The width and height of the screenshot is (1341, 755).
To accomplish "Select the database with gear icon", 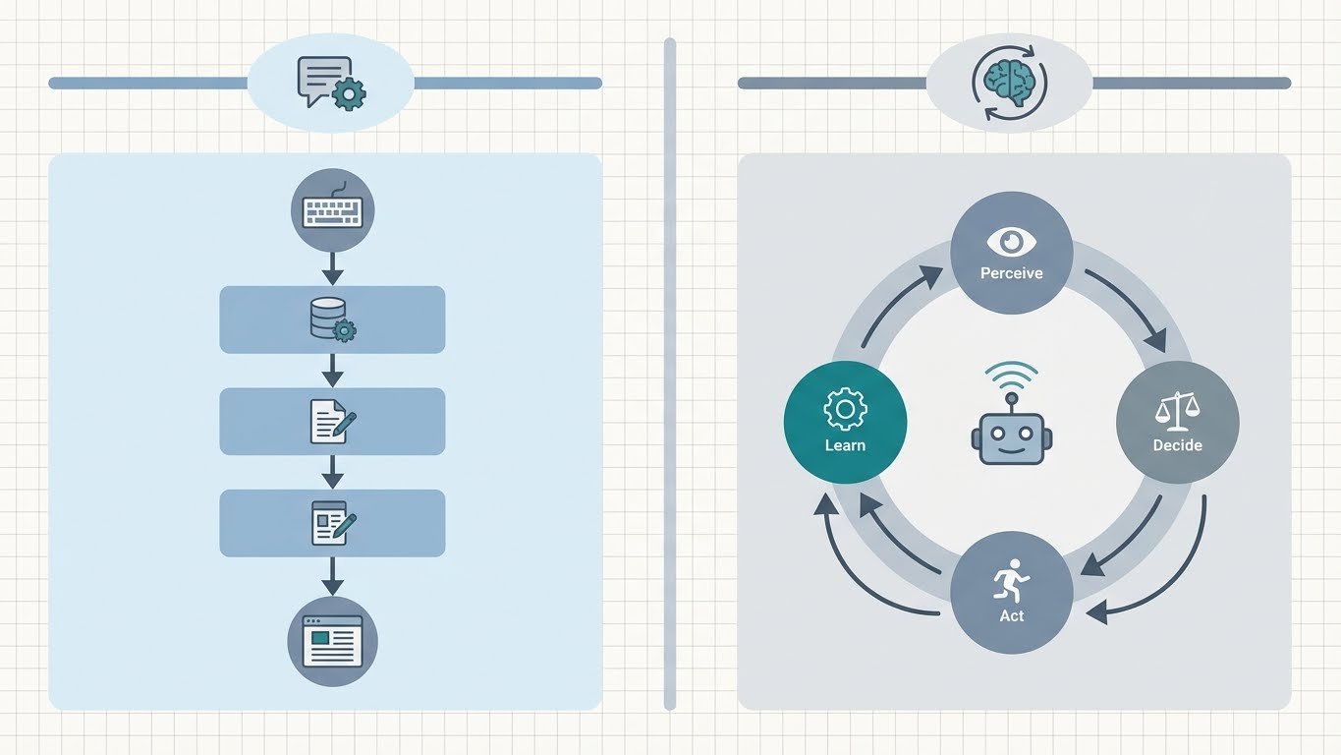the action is (333, 319).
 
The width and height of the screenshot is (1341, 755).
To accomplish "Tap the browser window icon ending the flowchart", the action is (332, 641).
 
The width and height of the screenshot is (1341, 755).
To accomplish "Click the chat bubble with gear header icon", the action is (332, 84).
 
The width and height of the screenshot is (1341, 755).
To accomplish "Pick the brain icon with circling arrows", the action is (1009, 83).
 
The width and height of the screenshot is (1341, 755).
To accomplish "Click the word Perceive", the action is (1011, 273).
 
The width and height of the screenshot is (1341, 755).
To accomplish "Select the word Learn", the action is (845, 445).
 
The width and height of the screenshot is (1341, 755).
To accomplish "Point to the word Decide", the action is (1178, 445).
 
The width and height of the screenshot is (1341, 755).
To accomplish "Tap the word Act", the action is (1011, 615).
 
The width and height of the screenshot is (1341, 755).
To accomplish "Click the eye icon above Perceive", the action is (1011, 242).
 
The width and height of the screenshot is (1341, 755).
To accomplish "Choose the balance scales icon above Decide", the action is (1178, 411).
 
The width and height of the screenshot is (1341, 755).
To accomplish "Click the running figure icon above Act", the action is (1011, 579).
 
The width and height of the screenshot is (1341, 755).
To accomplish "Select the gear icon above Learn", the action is (845, 409).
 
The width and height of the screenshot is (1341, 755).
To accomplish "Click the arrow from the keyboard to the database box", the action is (332, 269).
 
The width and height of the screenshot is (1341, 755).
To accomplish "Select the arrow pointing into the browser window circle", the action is (332, 576).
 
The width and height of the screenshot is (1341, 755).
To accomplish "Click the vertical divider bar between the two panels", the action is (670, 375).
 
